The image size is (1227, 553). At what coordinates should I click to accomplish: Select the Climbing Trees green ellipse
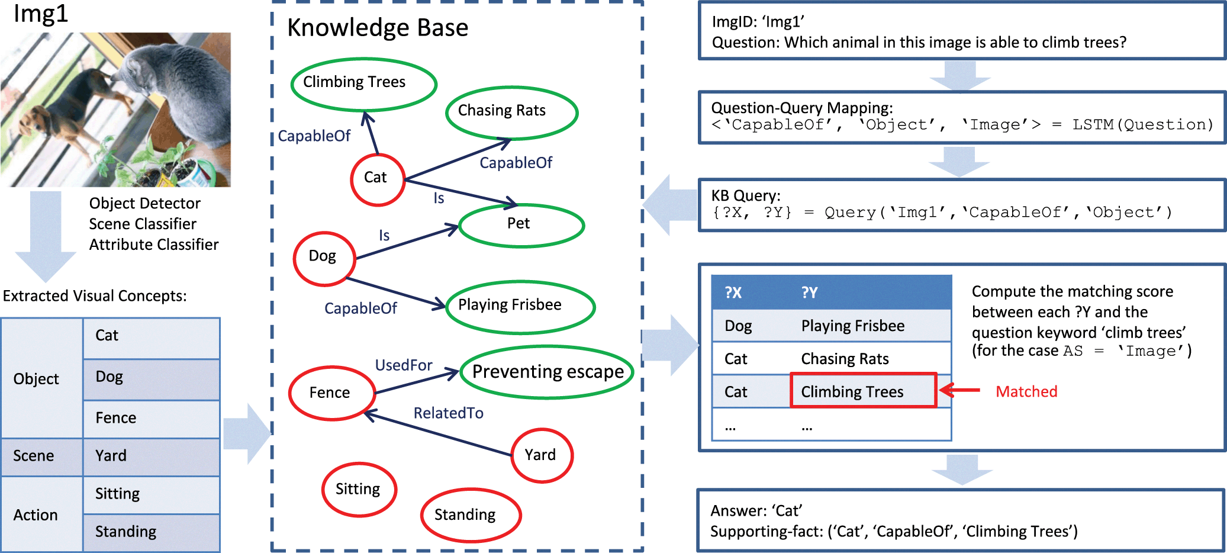(363, 83)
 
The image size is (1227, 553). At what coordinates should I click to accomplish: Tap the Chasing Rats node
(511, 112)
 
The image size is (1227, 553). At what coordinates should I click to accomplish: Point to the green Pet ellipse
(521, 224)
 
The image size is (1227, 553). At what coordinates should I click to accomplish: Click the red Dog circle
(324, 258)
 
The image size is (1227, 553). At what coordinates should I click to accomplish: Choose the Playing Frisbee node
(519, 306)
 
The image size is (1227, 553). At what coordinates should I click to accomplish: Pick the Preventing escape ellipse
(547, 372)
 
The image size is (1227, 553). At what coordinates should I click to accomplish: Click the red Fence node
(331, 393)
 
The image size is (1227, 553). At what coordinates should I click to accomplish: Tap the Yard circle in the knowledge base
(541, 455)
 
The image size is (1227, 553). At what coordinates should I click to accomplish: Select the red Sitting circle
(359, 489)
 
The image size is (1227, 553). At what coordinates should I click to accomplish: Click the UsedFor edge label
(404, 365)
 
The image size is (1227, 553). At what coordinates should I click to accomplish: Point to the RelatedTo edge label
(448, 413)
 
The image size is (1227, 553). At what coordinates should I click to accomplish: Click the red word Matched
(1026, 391)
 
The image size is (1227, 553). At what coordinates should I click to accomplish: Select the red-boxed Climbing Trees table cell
(863, 391)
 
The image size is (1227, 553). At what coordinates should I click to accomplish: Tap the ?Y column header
(809, 292)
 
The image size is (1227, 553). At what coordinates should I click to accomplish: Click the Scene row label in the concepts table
(34, 456)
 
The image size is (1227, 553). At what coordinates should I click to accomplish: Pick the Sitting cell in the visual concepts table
(151, 494)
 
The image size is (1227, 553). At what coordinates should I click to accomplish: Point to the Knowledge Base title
(378, 28)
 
